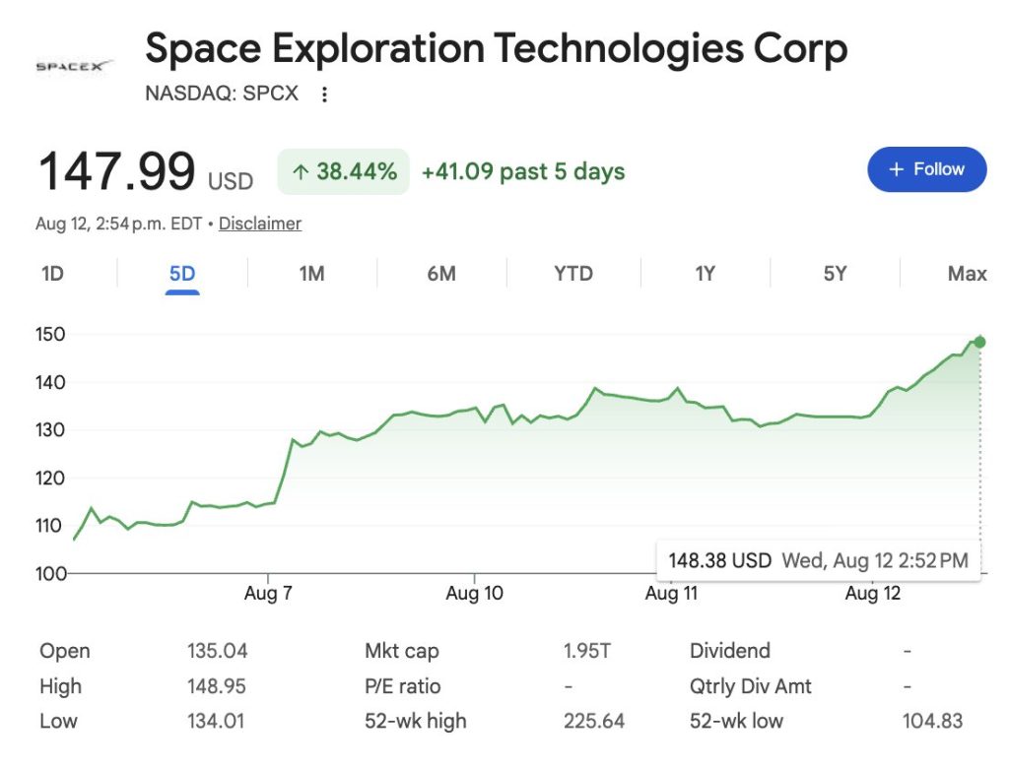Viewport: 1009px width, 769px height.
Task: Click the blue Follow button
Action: click(x=926, y=169)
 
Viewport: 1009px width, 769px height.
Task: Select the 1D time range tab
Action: click(x=52, y=274)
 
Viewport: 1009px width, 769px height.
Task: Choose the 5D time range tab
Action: click(x=182, y=274)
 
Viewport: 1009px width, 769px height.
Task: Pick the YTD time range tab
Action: click(x=573, y=274)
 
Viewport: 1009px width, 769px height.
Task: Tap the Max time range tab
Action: click(x=967, y=274)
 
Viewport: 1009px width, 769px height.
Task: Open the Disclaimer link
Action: click(x=260, y=224)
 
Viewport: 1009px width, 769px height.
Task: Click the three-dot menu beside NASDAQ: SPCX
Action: click(x=324, y=95)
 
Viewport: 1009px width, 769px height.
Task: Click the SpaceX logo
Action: click(x=74, y=66)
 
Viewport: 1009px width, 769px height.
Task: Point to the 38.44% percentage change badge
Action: click(x=344, y=171)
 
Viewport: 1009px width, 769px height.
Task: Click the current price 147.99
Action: click(x=116, y=171)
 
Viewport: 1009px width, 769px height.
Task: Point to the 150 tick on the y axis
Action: click(x=50, y=335)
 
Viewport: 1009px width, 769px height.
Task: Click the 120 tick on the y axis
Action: click(x=50, y=478)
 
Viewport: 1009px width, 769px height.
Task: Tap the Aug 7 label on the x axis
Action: click(x=268, y=593)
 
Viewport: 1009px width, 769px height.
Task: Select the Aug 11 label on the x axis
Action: click(x=671, y=593)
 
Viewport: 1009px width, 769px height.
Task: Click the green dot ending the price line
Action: click(x=979, y=342)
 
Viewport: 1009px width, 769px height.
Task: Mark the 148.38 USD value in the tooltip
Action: click(x=719, y=560)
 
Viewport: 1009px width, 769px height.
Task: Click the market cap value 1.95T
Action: click(x=587, y=651)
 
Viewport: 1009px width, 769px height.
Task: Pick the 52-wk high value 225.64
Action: click(x=594, y=721)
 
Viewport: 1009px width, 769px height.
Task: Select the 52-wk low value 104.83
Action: click(x=932, y=721)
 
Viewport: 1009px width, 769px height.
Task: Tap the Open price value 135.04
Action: click(x=218, y=651)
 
